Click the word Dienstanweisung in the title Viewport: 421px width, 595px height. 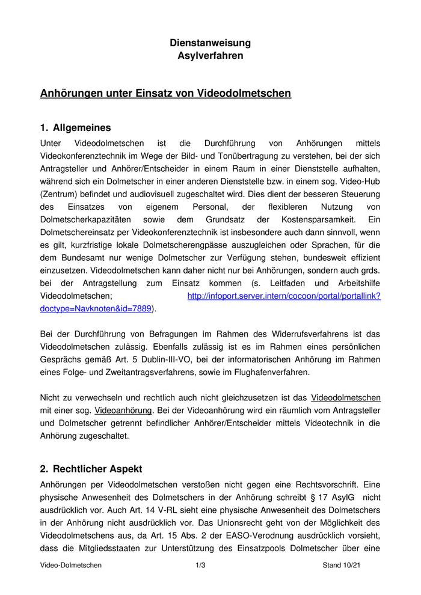tap(210, 43)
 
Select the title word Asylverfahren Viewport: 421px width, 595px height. tap(210, 56)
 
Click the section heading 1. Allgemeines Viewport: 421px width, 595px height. tap(75, 127)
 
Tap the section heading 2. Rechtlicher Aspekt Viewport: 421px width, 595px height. tap(91, 469)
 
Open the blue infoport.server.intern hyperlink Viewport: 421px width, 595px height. tap(284, 296)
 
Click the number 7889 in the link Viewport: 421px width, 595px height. tap(140, 308)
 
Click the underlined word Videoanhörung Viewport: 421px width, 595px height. tap(123, 410)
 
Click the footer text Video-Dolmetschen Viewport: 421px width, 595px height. tap(70, 565)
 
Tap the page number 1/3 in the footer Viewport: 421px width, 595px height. tap(200, 565)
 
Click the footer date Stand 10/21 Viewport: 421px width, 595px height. tap(342, 565)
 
